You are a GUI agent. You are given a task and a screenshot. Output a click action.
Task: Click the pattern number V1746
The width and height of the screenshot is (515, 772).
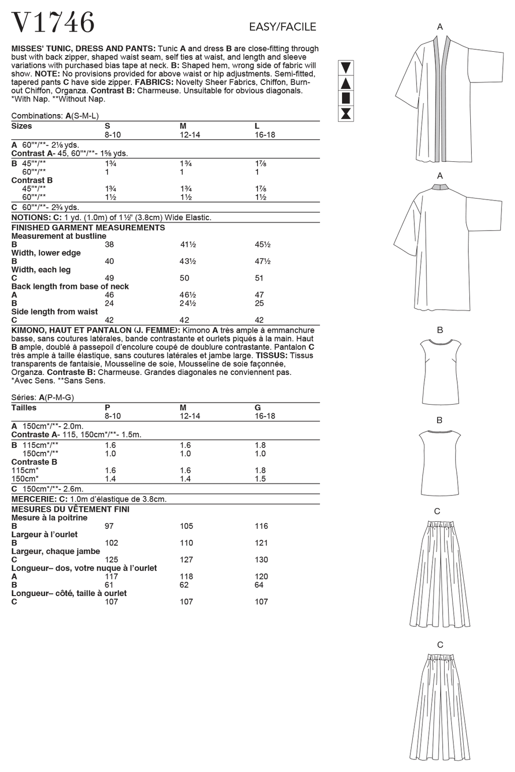tap(53, 22)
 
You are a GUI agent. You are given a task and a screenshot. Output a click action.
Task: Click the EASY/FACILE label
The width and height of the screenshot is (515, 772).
tap(282, 27)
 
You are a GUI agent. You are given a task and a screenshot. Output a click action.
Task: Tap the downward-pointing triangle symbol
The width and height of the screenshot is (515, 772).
tap(346, 68)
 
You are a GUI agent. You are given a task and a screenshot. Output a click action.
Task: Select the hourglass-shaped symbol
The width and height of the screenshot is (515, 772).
tap(346, 114)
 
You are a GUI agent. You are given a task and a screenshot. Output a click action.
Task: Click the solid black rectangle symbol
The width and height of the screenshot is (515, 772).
tap(346, 98)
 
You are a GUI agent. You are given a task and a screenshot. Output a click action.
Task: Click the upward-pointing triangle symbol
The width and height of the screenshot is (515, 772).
tap(346, 83)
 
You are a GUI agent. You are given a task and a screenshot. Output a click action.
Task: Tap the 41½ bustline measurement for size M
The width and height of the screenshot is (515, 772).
tap(188, 245)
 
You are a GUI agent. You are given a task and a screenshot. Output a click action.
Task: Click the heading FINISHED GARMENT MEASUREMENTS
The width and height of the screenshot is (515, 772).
tap(88, 228)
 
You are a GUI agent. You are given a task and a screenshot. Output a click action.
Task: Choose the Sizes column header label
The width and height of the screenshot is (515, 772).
tap(22, 126)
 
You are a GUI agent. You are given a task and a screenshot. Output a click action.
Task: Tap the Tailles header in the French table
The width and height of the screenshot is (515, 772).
tap(24, 408)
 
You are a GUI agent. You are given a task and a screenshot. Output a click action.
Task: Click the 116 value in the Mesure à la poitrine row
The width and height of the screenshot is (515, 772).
tap(262, 526)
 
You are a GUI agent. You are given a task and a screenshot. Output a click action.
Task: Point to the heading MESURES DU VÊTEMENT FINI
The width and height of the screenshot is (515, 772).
tap(70, 509)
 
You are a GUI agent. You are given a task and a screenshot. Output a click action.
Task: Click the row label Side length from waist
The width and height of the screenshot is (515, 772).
tap(54, 312)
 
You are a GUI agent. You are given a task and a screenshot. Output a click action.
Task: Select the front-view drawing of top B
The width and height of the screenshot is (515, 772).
tap(440, 369)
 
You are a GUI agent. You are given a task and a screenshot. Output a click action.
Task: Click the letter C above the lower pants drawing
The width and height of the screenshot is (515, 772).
tap(440, 645)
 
